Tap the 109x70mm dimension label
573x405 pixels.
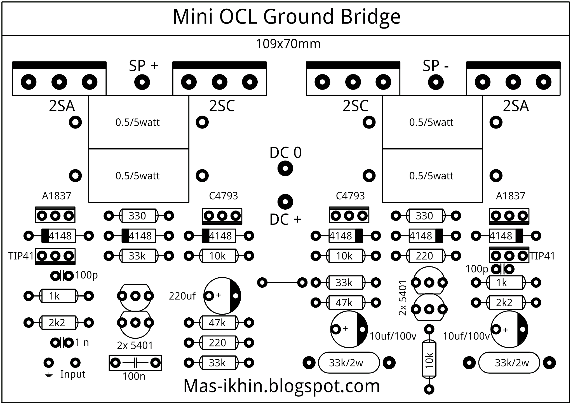(288, 44)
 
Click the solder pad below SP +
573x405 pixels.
(142, 82)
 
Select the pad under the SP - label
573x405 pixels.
(436, 82)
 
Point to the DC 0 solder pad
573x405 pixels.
(285, 168)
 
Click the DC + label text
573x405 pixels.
(285, 219)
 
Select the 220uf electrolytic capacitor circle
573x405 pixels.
(222, 296)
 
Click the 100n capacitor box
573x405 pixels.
(135, 363)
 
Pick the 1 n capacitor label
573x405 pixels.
(82, 342)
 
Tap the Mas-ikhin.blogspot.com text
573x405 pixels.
(281, 386)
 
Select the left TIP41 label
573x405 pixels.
(21, 256)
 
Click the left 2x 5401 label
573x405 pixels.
(135, 346)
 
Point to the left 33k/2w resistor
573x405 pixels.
(349, 363)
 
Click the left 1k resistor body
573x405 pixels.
(58, 296)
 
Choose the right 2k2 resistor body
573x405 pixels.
(506, 303)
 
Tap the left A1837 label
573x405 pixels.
(57, 196)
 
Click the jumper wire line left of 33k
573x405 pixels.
(282, 283)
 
